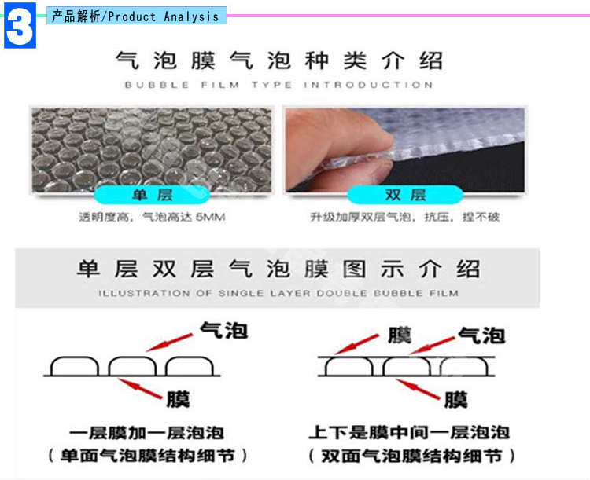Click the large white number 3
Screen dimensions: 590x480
tap(20, 26)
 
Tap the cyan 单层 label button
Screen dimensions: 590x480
tap(152, 195)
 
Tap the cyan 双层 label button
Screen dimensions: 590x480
tap(405, 195)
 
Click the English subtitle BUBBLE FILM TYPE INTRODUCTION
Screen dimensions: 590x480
tap(278, 85)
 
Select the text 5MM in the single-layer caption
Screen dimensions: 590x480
tap(210, 217)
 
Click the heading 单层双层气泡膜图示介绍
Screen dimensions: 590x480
tap(278, 269)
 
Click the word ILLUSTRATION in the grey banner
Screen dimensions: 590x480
tap(144, 293)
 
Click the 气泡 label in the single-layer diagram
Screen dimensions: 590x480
tap(224, 330)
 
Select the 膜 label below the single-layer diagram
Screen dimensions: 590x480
tap(178, 399)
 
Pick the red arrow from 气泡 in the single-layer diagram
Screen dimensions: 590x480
tap(169, 343)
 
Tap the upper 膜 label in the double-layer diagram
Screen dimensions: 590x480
tap(400, 335)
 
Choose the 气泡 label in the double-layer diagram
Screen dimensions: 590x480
tap(481, 335)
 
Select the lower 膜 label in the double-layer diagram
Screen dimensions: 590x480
tap(456, 399)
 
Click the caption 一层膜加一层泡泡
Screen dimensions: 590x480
tap(147, 433)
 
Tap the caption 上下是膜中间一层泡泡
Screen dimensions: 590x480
tap(409, 433)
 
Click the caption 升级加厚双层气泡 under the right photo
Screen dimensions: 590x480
tap(360, 217)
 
